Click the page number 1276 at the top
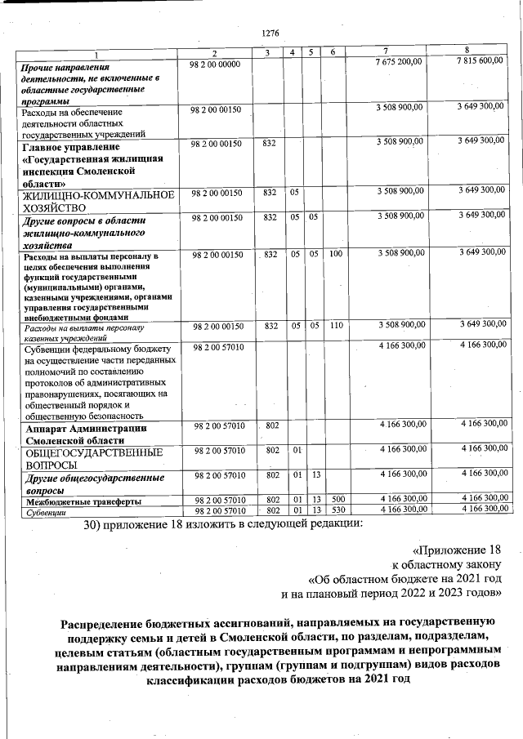270,33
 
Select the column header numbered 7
385,52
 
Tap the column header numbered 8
467,52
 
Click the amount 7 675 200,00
399,63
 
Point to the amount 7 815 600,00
481,63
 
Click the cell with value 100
335,256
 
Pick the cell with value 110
335,325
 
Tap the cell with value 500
335,500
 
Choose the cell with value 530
335,510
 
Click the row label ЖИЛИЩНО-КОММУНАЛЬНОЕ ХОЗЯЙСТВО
98,202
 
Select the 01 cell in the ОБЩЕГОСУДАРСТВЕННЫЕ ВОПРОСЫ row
297,449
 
